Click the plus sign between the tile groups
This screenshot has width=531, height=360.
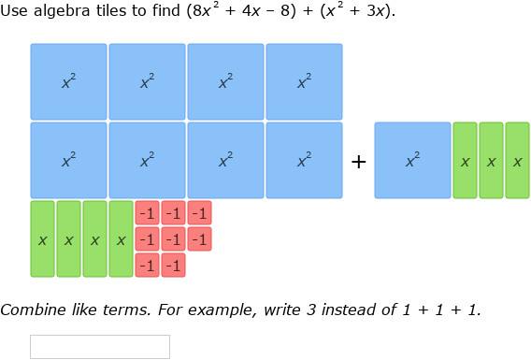[358, 161]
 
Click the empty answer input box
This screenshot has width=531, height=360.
[100, 347]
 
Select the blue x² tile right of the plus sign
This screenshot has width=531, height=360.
[412, 160]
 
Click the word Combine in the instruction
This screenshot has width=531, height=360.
[32, 310]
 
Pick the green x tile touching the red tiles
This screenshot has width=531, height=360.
[121, 239]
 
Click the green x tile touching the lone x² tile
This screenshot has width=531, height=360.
[465, 161]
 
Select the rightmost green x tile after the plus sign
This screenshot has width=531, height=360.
[517, 161]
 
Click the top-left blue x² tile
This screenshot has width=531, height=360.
[68, 81]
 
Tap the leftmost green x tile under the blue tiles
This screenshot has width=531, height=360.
[42, 239]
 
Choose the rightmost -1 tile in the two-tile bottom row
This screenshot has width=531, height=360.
[173, 266]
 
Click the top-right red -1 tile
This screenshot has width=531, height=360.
[199, 213]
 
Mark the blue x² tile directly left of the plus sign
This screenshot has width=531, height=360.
[304, 160]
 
